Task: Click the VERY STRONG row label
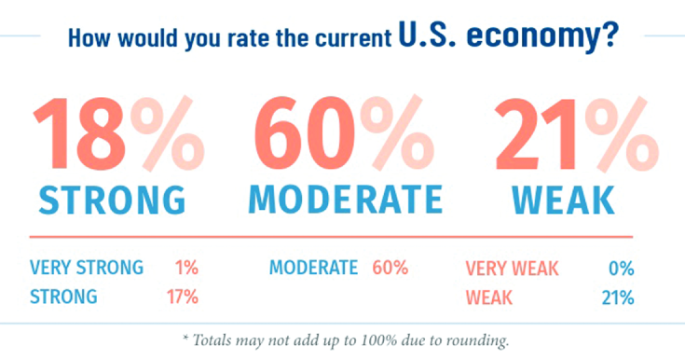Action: pyautogui.click(x=87, y=269)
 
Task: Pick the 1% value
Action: pyautogui.click(x=185, y=269)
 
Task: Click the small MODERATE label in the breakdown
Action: pyautogui.click(x=313, y=269)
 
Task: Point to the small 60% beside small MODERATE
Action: pyautogui.click(x=390, y=269)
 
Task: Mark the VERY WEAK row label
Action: pyautogui.click(x=512, y=270)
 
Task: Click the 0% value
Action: pyautogui.click(x=620, y=270)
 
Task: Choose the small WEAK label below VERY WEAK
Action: pyautogui.click(x=489, y=298)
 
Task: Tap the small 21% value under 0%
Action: pyautogui.click(x=618, y=298)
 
